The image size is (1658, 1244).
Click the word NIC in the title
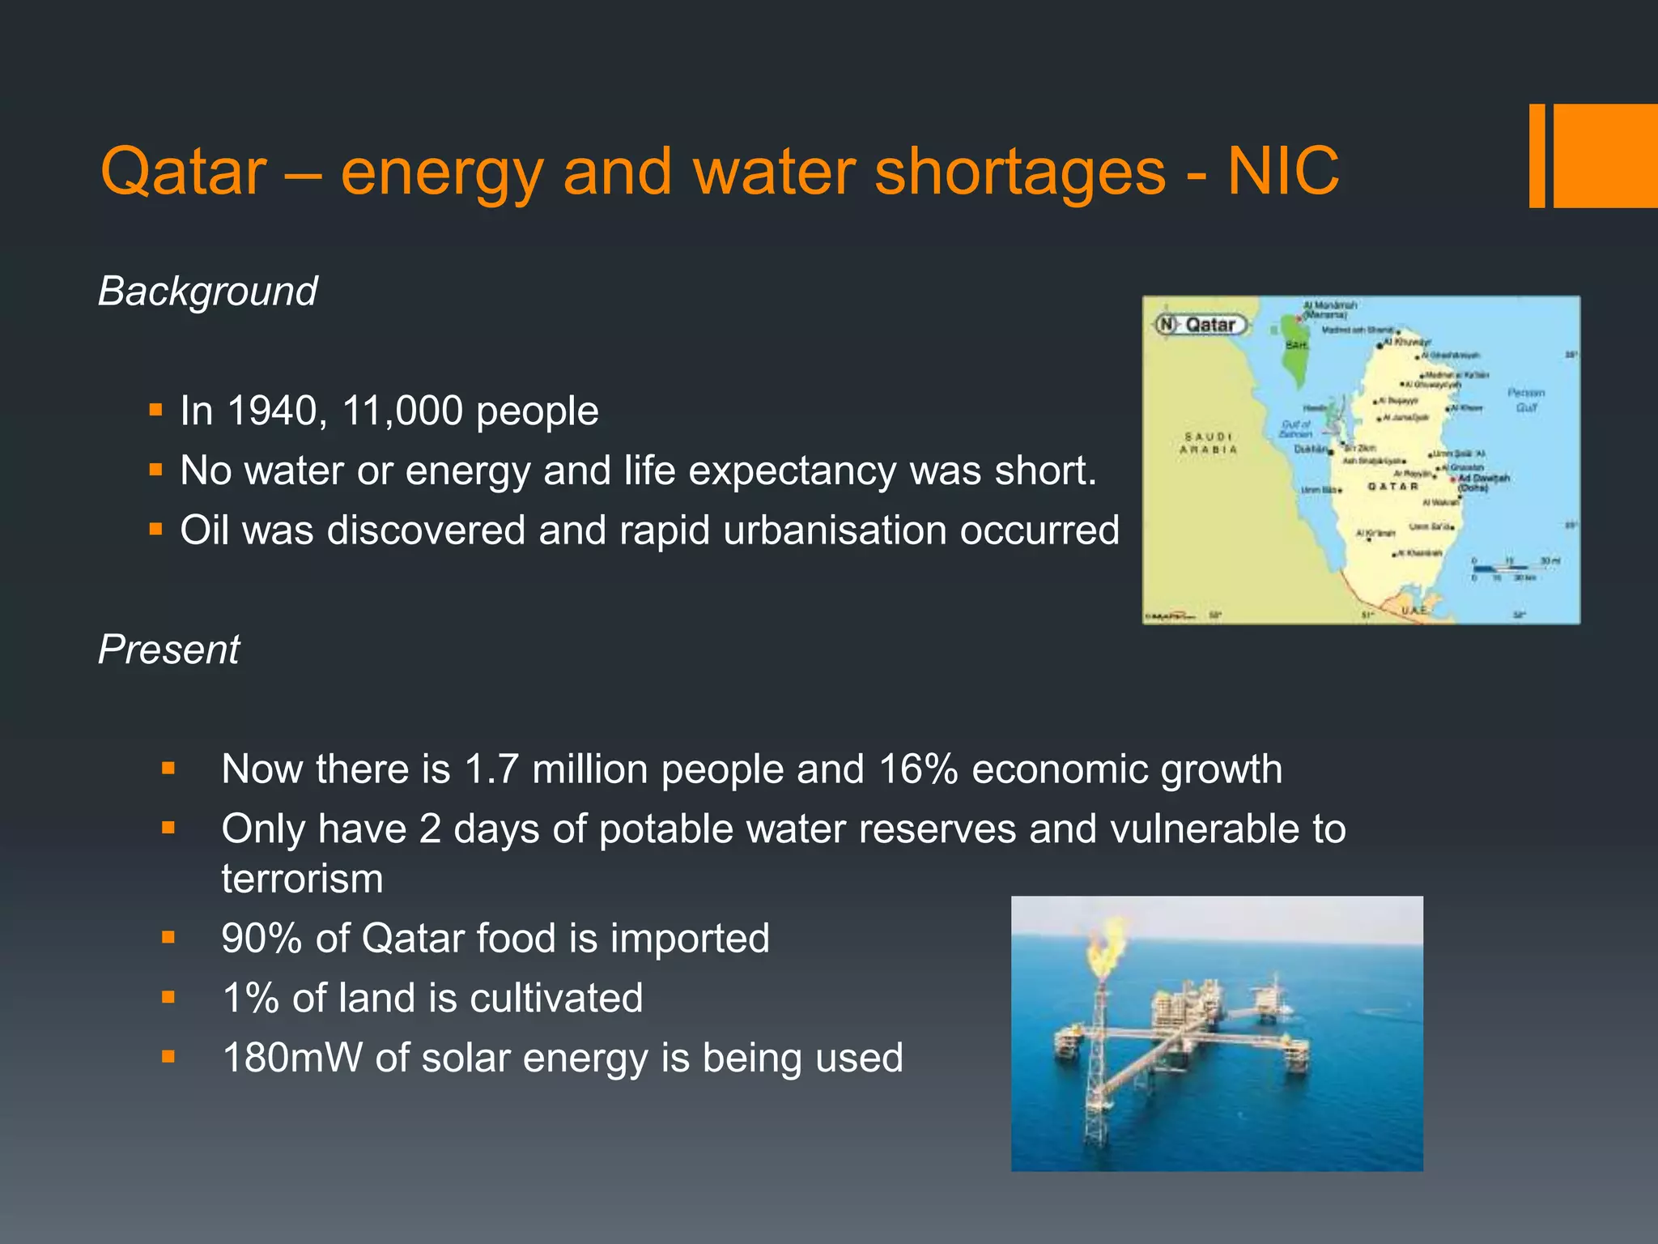tap(1283, 172)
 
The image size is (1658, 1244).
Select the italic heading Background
tap(208, 292)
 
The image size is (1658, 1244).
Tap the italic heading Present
tap(168, 650)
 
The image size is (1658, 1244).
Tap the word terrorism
tap(302, 879)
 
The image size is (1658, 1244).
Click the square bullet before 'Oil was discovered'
tap(156, 530)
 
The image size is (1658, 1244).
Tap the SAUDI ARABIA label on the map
tap(1208, 443)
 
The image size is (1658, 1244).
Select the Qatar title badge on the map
tap(1202, 325)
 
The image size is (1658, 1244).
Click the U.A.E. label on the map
tap(1414, 609)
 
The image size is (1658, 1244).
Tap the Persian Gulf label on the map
tap(1526, 400)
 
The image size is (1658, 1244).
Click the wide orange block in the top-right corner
tap(1605, 155)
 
